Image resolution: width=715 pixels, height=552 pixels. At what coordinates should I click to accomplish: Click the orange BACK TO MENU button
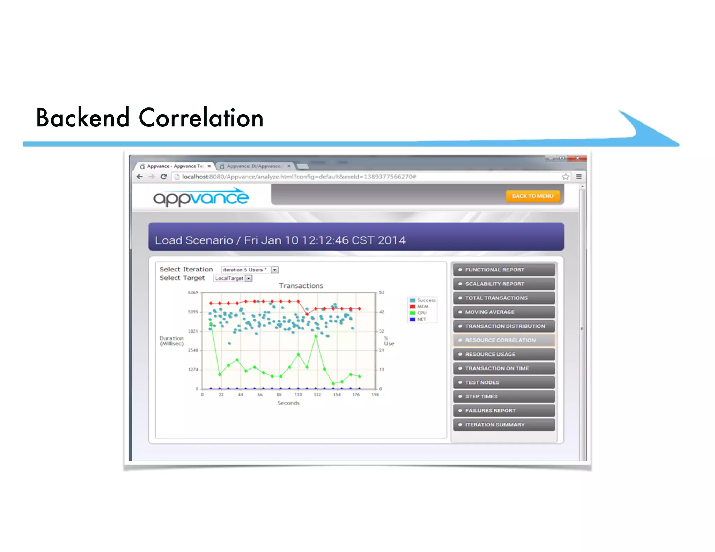click(532, 196)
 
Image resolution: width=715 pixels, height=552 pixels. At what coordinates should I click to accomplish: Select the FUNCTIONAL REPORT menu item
click(503, 270)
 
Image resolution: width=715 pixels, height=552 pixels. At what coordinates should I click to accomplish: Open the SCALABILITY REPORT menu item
click(503, 284)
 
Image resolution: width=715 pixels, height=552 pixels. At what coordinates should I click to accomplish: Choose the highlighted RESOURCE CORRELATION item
click(503, 340)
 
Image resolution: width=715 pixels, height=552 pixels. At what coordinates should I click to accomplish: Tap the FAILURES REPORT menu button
click(503, 410)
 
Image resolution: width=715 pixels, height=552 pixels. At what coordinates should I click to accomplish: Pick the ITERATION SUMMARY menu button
click(503, 424)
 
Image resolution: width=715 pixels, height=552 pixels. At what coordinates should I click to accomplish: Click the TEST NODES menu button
click(503, 382)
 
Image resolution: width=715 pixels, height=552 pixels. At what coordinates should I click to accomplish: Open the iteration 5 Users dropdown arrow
click(275, 270)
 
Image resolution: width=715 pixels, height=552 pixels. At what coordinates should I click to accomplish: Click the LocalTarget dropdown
click(233, 278)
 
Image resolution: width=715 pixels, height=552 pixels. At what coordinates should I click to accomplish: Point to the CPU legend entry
click(421, 313)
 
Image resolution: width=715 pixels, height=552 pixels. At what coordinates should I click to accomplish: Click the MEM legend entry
click(422, 306)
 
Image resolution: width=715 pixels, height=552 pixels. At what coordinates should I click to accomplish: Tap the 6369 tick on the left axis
click(193, 292)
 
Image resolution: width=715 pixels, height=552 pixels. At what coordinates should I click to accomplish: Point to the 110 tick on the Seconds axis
click(298, 394)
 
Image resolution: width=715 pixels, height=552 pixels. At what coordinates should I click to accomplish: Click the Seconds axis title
click(288, 403)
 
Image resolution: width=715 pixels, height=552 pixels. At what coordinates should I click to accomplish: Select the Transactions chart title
click(301, 286)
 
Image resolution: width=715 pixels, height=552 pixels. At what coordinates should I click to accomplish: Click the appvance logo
click(201, 197)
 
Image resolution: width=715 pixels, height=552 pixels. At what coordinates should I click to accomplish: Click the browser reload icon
click(163, 177)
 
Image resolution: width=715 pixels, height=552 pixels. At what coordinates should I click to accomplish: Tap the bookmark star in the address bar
click(566, 177)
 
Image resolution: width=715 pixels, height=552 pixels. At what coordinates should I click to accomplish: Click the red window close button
click(577, 158)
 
